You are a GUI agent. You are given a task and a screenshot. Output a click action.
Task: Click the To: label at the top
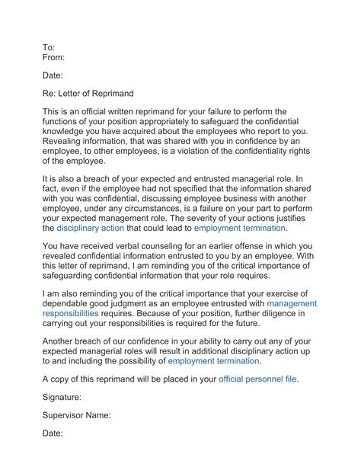click(x=48, y=47)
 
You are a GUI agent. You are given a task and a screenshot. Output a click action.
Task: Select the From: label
click(x=53, y=57)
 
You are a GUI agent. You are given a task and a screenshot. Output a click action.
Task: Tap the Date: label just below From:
click(x=53, y=75)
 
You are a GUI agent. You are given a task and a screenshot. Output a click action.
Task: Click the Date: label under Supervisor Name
click(x=53, y=433)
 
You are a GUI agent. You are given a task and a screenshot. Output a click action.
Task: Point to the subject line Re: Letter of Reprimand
click(x=88, y=94)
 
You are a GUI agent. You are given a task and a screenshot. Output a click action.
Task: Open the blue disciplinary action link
click(x=90, y=228)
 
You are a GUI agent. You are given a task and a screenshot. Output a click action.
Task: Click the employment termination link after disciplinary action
click(x=240, y=228)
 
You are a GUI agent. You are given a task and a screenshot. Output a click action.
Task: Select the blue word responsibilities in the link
click(x=75, y=313)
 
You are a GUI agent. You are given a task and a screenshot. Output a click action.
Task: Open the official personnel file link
click(x=258, y=379)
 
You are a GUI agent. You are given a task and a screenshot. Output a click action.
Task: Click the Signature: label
click(x=62, y=397)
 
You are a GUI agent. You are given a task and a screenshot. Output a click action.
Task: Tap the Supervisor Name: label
click(x=77, y=415)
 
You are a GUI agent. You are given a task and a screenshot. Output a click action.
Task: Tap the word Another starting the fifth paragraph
click(x=63, y=341)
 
